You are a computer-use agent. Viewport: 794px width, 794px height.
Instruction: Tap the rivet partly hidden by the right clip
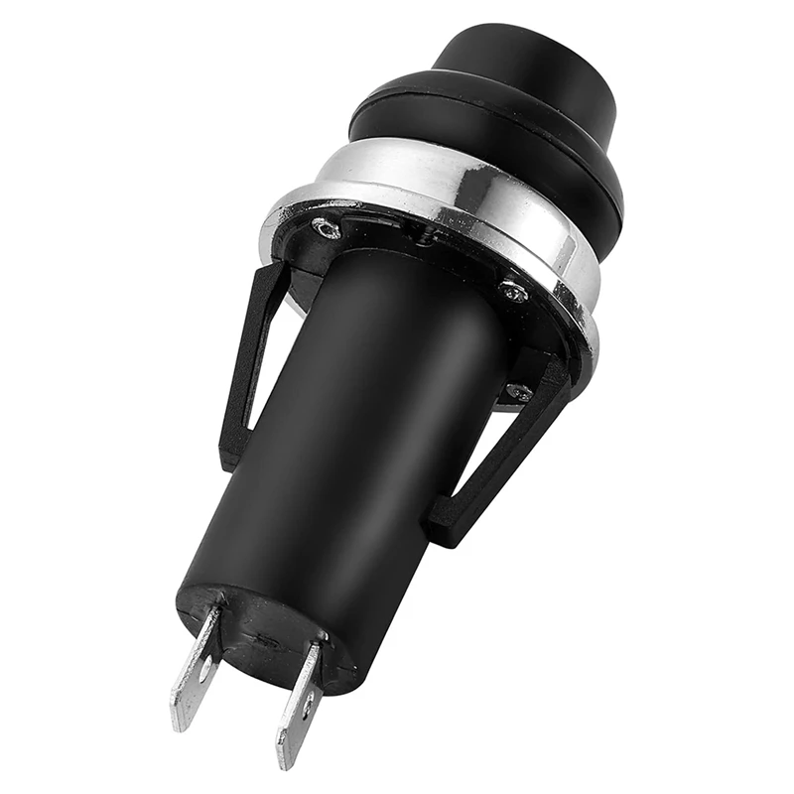click(515, 393)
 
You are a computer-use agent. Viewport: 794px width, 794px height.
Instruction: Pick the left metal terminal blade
click(198, 665)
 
